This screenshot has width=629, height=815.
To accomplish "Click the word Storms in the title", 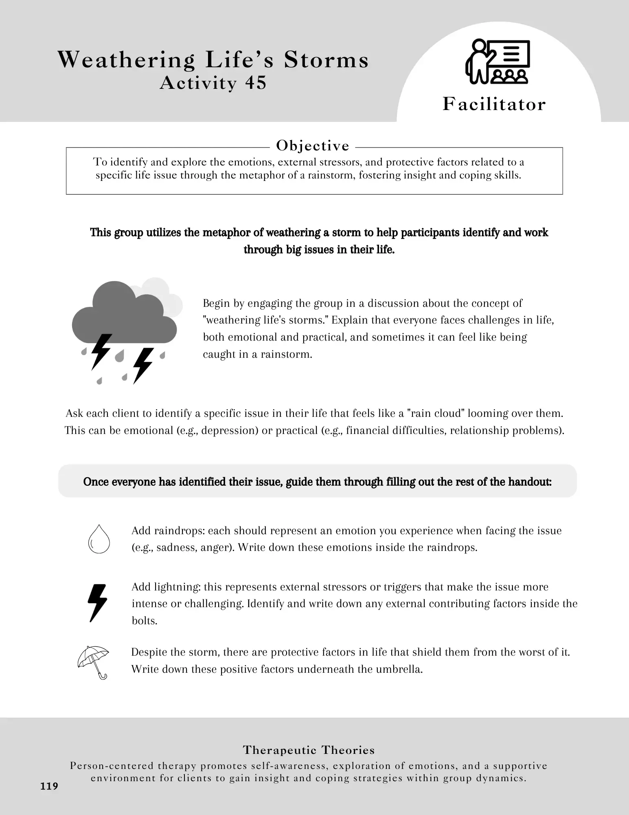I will [x=326, y=60].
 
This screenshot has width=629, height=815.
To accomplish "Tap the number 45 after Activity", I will [x=256, y=83].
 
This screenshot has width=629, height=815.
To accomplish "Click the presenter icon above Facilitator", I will [x=497, y=62].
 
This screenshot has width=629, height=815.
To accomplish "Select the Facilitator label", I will [x=494, y=104].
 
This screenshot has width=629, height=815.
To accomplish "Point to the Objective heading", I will [x=313, y=145].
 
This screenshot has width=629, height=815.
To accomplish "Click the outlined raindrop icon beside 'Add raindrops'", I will [x=99, y=539].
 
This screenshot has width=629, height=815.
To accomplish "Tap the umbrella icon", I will [x=94, y=661].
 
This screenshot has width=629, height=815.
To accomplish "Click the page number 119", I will [x=49, y=786].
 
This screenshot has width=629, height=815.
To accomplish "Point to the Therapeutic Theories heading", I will [x=309, y=750].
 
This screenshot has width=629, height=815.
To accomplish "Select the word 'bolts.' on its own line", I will [x=145, y=621].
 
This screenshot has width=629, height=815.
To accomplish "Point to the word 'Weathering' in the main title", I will [x=127, y=60].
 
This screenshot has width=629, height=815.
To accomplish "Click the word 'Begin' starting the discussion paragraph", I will [x=213, y=303].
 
